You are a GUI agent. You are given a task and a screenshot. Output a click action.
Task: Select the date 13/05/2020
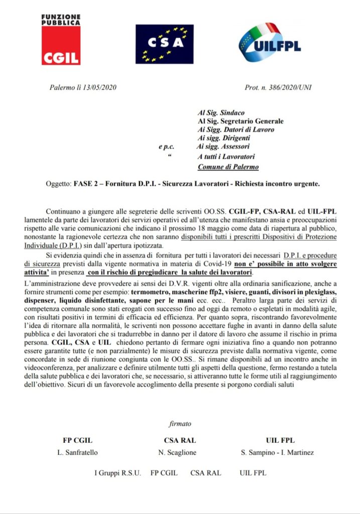coord(99,88)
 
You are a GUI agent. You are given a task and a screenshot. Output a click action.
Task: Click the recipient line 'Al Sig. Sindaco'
coord(221,113)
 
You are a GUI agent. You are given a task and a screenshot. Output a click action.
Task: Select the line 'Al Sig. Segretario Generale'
coord(241,121)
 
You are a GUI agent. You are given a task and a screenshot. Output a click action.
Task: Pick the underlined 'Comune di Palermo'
coord(228,167)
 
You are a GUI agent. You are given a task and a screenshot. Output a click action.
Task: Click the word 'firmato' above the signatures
coord(180,424)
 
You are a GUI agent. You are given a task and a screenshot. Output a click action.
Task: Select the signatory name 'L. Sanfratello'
coord(78,452)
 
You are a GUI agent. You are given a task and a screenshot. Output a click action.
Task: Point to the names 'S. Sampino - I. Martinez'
coord(277,452)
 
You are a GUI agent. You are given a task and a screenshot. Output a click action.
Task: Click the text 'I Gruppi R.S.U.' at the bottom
coord(118,473)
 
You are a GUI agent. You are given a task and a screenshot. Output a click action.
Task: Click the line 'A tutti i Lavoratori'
coord(226,157)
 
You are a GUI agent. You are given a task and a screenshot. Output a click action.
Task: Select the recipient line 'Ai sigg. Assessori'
coord(222,147)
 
